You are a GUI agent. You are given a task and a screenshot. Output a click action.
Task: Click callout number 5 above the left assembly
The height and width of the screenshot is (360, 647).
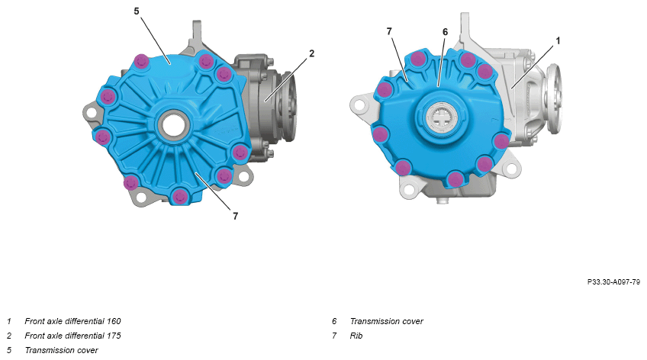pyautogui.click(x=137, y=11)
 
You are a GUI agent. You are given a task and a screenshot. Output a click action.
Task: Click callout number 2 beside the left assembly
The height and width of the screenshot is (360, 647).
pyautogui.click(x=311, y=53)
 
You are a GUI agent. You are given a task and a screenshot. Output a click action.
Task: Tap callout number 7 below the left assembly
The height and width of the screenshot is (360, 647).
pyautogui.click(x=235, y=216)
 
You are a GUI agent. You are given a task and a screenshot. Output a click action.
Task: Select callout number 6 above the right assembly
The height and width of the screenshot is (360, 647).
pyautogui.click(x=445, y=32)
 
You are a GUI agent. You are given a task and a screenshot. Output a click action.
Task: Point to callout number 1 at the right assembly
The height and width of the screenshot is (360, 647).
pyautogui.click(x=558, y=40)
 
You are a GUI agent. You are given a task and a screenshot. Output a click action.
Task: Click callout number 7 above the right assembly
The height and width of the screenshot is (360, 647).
pyautogui.click(x=389, y=31)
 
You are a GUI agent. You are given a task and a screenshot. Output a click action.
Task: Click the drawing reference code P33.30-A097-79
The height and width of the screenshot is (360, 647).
pyautogui.click(x=613, y=282)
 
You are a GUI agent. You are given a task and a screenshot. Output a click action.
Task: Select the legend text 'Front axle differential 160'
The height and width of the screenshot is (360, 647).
pyautogui.click(x=72, y=321)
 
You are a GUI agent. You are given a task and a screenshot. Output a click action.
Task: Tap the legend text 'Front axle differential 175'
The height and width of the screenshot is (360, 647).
pyautogui.click(x=72, y=336)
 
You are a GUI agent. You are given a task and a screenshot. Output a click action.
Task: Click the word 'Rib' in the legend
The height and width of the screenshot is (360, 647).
pyautogui.click(x=356, y=336)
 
